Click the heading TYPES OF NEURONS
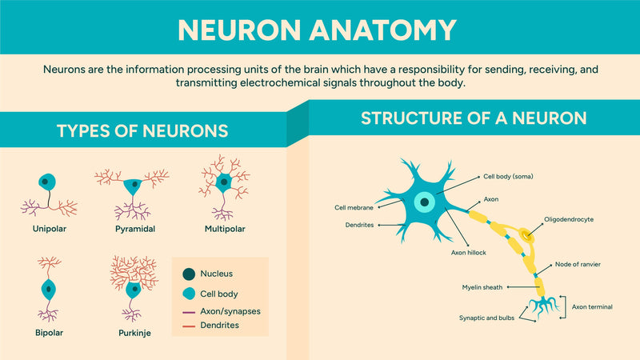pos(142,131)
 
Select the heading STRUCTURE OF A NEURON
pos(474,118)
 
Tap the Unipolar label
pos(49,229)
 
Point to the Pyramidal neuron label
pos(134,229)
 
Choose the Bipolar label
pos(49,331)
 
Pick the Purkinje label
pos(134,331)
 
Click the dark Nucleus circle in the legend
pos(189,274)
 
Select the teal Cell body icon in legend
pos(189,294)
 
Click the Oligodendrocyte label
pos(569,218)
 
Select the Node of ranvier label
pos(578,264)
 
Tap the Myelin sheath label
pos(482,287)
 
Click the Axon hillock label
pos(469,252)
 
